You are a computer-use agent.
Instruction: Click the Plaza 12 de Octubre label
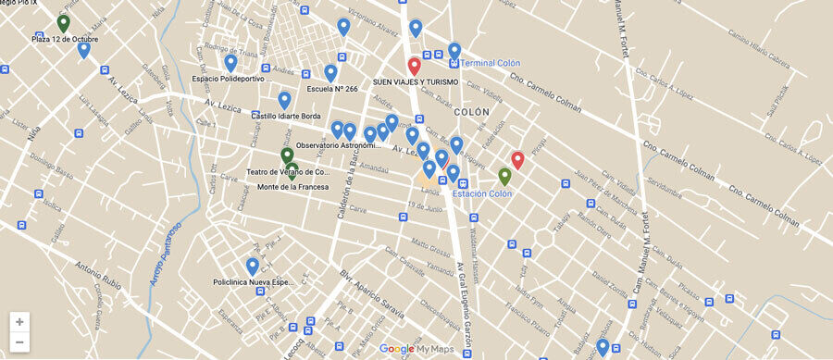64,40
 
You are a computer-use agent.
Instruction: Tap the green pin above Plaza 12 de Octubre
63,23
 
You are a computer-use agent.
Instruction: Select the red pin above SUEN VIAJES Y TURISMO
415,66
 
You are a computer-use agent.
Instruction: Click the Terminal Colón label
490,63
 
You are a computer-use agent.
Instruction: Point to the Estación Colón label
481,193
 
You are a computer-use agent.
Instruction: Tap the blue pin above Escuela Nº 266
330,72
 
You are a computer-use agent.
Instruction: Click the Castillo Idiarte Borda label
286,116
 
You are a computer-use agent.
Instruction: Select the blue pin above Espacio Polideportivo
230,62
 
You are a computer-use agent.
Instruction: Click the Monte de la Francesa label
292,187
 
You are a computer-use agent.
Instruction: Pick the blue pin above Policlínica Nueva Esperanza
252,267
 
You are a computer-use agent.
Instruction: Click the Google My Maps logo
416,349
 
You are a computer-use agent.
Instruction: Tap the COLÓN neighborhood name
471,112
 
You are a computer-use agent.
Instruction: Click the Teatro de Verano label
288,172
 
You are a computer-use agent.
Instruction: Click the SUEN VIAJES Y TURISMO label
416,82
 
